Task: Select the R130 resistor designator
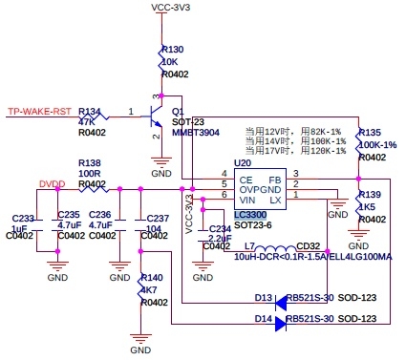(173, 49)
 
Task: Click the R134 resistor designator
(89, 111)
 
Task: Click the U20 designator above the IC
(243, 164)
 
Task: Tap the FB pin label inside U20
(275, 180)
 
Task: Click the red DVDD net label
(53, 183)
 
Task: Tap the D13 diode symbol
(281, 300)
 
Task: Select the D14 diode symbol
(281, 323)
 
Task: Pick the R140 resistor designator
(153, 278)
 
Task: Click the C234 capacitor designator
(220, 228)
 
